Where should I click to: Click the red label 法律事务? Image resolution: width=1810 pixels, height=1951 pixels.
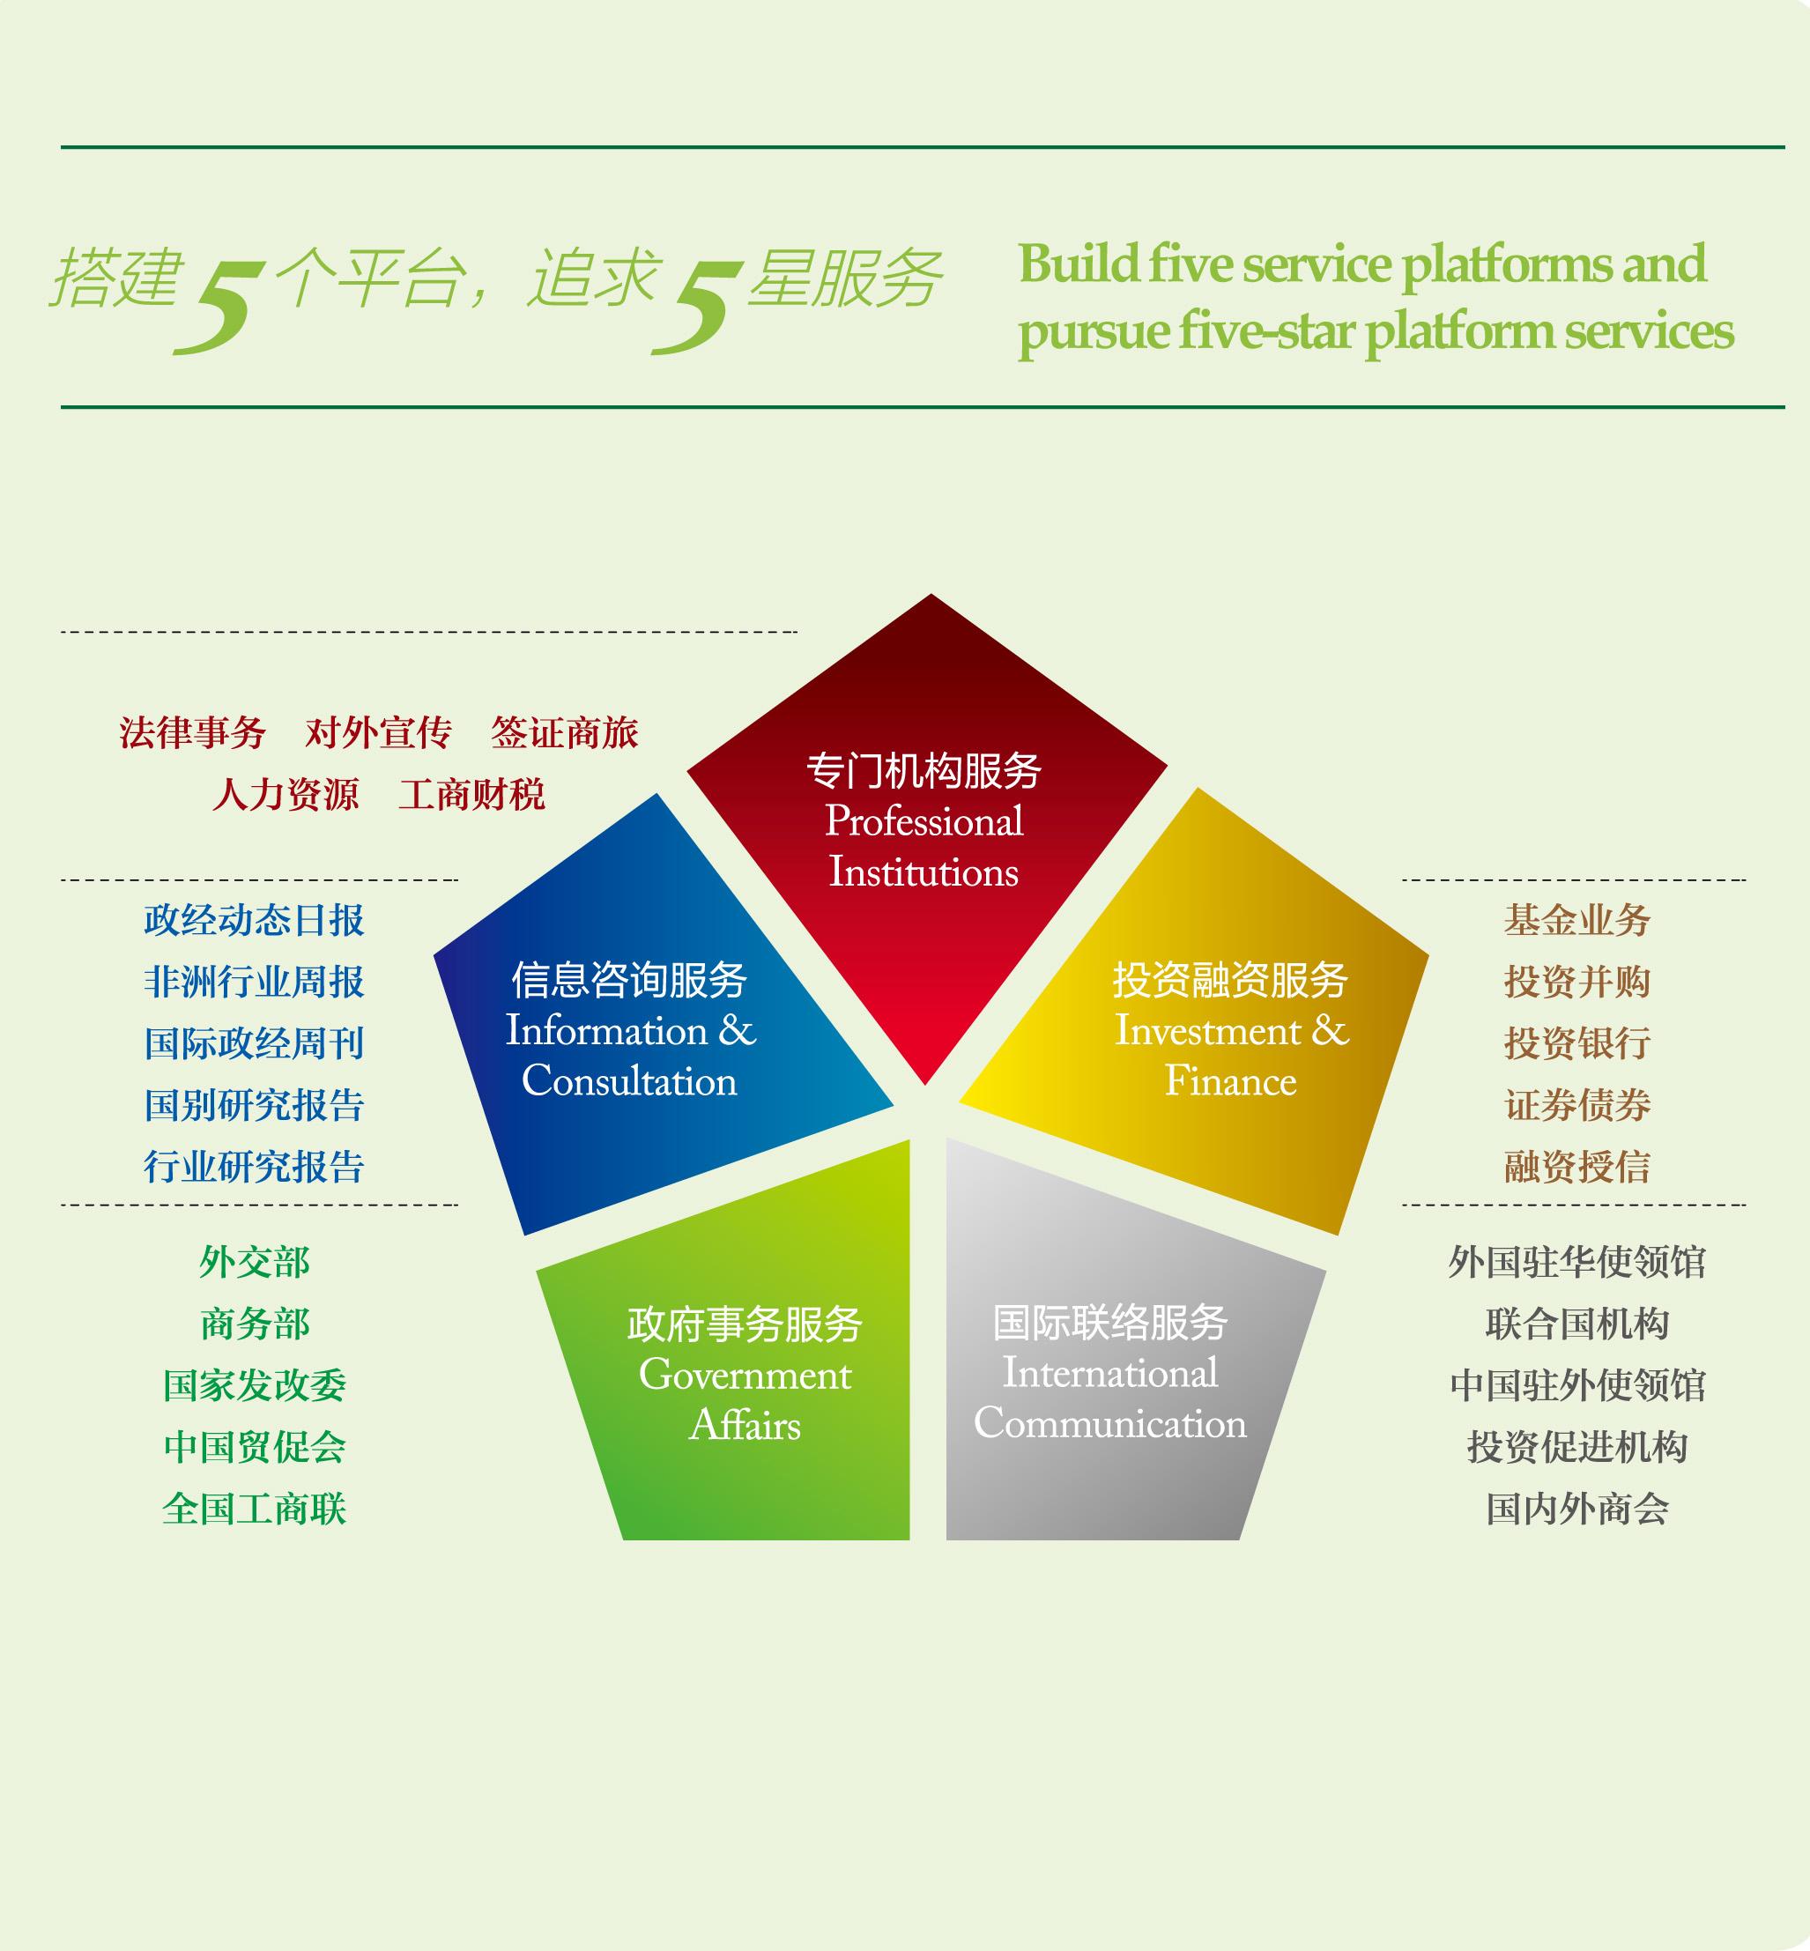(x=193, y=732)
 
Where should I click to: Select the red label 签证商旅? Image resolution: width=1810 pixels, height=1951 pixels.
(x=564, y=732)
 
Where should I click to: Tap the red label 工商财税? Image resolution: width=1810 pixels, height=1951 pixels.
(x=471, y=794)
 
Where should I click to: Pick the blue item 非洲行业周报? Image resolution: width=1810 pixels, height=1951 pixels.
(x=255, y=982)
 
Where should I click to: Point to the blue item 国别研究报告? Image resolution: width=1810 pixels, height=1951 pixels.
(x=255, y=1105)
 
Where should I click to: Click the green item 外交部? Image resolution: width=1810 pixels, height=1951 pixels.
(x=255, y=1263)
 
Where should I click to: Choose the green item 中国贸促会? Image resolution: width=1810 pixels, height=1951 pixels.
(x=255, y=1447)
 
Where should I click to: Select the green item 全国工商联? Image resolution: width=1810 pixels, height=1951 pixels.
(x=255, y=1509)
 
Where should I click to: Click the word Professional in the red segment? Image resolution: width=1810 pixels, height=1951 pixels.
(x=924, y=822)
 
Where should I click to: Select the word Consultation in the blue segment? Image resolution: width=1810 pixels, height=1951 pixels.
(x=630, y=1080)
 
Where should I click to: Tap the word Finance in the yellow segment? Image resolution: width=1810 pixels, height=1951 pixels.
(x=1231, y=1080)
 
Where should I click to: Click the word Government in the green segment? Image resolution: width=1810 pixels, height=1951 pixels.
(x=746, y=1375)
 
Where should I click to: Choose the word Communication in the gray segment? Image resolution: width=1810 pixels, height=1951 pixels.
(x=1110, y=1423)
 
